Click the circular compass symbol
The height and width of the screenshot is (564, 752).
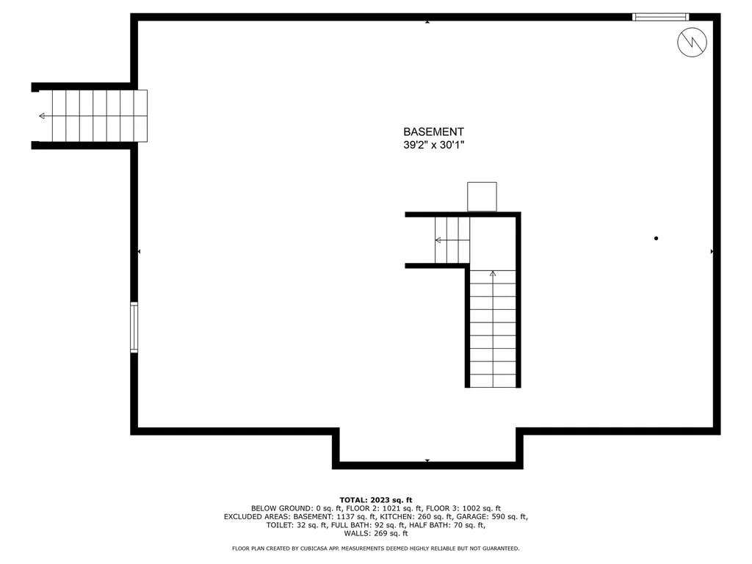click(692, 42)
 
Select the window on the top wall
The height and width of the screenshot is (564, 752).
click(660, 16)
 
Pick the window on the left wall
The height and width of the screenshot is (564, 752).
click(134, 327)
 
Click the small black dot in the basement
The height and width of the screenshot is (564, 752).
click(656, 238)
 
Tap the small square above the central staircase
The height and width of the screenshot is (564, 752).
click(482, 197)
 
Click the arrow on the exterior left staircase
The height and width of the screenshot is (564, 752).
click(42, 116)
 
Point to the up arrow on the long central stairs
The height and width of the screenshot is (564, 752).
click(493, 274)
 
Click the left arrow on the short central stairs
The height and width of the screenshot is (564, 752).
click(438, 240)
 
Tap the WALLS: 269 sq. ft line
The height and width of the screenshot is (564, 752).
click(375, 533)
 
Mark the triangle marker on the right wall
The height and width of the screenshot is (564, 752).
click(712, 251)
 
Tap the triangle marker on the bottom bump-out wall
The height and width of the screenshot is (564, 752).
click(427, 460)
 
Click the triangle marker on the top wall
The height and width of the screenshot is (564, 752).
click(427, 21)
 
